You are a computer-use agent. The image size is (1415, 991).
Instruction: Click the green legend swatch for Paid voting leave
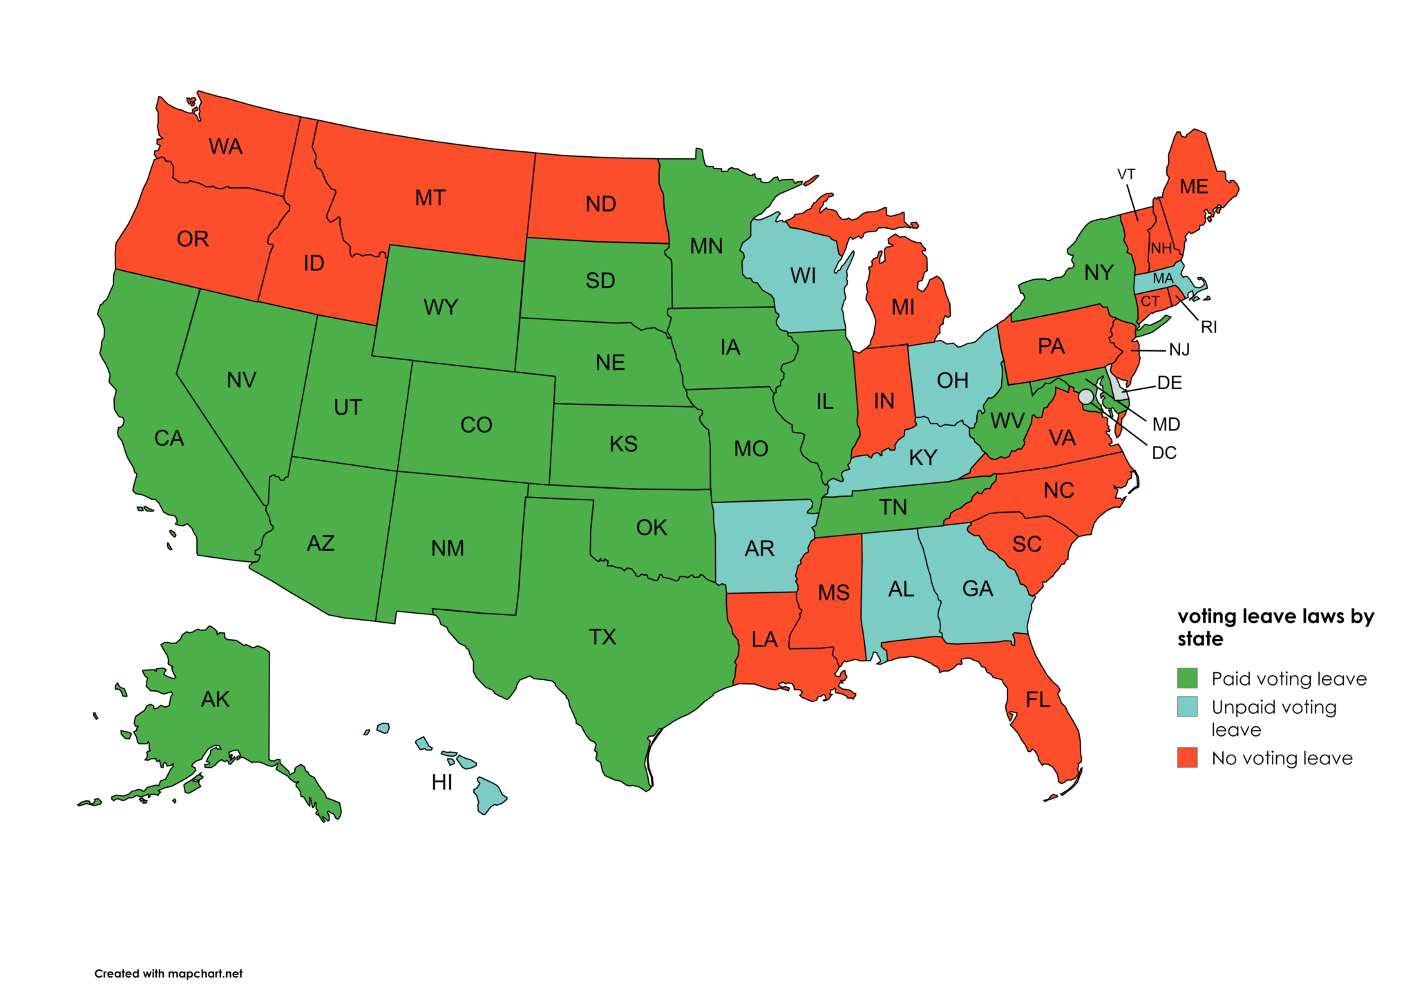(1187, 678)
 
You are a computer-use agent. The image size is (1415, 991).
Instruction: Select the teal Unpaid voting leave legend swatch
(1187, 706)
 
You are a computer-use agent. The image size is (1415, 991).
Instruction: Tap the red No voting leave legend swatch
(1187, 757)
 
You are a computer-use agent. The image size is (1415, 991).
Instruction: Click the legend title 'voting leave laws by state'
(1275, 627)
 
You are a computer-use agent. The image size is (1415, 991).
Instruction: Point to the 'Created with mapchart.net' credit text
(169, 973)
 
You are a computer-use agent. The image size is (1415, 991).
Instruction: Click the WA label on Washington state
(225, 147)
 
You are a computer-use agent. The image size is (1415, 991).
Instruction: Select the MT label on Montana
(430, 198)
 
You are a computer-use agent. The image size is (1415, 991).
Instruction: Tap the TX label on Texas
(602, 636)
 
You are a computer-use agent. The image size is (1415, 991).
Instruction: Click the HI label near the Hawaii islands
(441, 782)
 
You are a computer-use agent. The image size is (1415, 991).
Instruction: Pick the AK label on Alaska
(215, 699)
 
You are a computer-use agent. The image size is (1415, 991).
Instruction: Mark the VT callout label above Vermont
(1126, 174)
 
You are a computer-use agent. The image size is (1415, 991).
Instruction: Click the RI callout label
(1208, 327)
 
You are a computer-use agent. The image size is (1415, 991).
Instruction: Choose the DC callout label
(1164, 453)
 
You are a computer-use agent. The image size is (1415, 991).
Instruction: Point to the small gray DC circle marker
(1085, 397)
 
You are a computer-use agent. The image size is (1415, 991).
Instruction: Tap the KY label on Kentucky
(922, 457)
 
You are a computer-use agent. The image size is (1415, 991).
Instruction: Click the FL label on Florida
(1038, 700)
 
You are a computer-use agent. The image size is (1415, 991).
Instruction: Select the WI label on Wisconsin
(803, 276)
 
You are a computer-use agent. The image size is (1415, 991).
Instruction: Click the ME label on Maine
(1193, 187)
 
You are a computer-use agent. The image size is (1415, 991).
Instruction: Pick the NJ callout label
(1179, 350)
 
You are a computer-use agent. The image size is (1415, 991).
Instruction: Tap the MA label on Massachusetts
(1163, 279)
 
